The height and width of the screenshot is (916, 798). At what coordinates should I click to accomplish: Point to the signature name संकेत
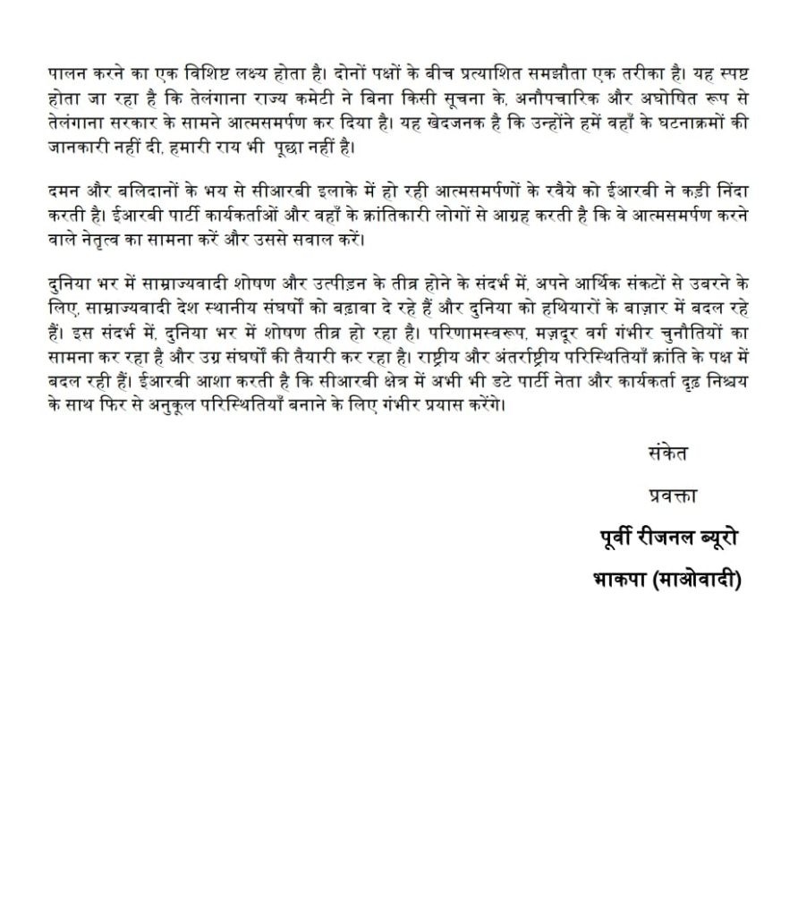tap(666, 453)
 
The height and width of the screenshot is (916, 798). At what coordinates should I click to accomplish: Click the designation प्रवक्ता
tap(671, 495)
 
